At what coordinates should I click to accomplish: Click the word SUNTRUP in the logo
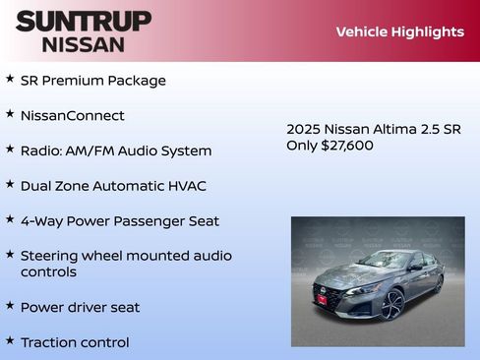click(84, 21)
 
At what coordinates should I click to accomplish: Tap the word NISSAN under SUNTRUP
click(84, 44)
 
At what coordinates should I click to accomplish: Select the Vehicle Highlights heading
click(399, 31)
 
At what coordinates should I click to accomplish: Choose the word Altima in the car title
click(391, 129)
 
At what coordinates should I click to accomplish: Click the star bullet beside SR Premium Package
click(10, 79)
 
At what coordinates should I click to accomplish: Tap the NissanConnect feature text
click(72, 115)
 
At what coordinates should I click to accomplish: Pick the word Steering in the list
click(49, 256)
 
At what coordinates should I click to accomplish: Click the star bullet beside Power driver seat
click(10, 305)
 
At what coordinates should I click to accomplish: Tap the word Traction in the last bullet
click(48, 342)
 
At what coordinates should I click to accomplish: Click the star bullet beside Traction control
click(10, 340)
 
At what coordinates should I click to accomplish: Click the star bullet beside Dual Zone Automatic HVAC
click(10, 184)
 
